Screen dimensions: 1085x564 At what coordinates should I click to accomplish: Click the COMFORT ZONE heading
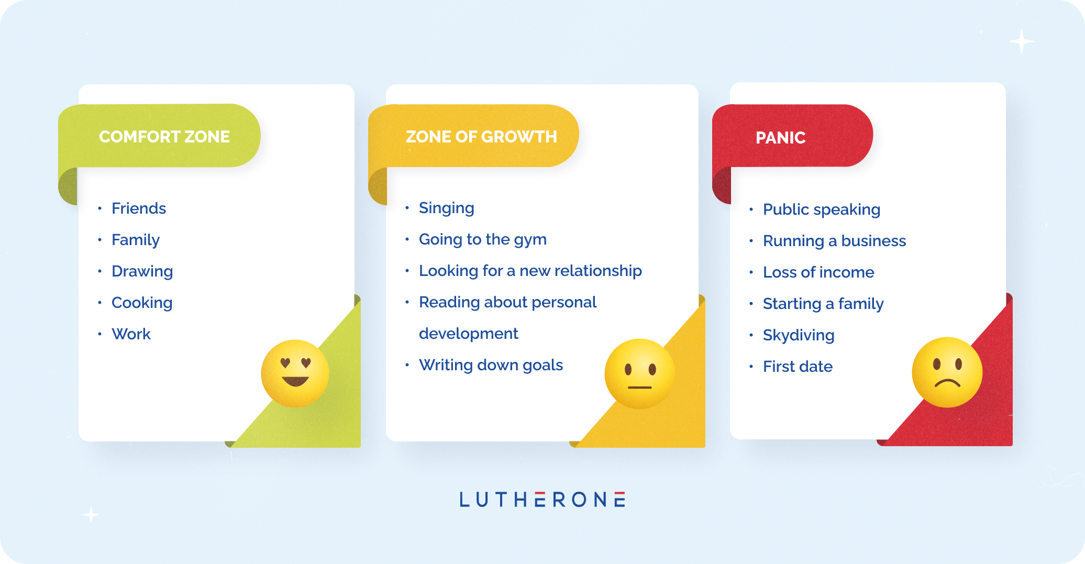[164, 137]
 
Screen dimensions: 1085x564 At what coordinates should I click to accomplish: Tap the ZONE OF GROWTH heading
[481, 137]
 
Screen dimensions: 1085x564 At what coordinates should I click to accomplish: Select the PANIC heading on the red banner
[781, 138]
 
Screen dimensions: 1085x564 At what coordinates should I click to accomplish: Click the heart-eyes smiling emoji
[295, 373]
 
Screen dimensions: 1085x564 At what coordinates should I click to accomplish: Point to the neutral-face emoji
[639, 373]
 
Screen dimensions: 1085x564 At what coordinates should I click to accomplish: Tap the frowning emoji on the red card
[947, 372]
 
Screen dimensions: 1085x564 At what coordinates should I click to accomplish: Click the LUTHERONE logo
[542, 500]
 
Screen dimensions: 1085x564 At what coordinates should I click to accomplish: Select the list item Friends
[139, 208]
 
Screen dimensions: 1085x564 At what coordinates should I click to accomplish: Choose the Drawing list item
[142, 272]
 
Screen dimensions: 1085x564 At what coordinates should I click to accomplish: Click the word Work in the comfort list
[131, 334]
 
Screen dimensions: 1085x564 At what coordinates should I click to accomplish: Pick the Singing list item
[447, 208]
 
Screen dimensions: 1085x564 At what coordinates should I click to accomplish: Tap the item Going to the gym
[483, 240]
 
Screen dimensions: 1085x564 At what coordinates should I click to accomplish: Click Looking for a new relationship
[530, 271]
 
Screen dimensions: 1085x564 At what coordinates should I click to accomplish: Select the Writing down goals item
[491, 365]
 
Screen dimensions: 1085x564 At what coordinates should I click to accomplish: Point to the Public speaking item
[822, 210]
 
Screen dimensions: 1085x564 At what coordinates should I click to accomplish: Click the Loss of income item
[818, 272]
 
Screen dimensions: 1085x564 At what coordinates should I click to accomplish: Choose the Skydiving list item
[799, 336]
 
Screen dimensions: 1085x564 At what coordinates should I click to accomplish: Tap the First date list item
[798, 367]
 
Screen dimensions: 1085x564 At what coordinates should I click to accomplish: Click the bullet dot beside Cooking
[99, 303]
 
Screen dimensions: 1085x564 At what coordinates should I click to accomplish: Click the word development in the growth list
[469, 334]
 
